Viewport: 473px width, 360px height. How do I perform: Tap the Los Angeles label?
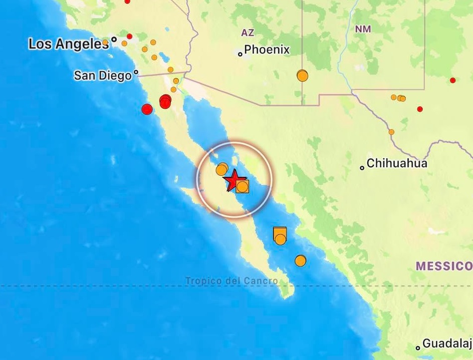pos(68,44)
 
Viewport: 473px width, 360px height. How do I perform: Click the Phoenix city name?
pos(267,50)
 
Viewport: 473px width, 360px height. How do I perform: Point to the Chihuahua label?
pos(397,163)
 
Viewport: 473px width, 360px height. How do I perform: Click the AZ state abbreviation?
pos(248,33)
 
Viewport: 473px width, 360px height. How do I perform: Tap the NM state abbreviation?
pos(363,29)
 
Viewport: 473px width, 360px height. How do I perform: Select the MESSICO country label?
pos(444,266)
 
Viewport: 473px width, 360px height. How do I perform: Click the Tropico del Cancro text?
pos(231,281)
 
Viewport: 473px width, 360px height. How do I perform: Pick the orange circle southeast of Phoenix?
pos(302,76)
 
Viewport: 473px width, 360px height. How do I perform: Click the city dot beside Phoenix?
pos(241,54)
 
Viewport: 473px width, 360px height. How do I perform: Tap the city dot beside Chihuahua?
pos(362,168)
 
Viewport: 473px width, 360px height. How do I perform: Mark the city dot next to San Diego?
pos(136,72)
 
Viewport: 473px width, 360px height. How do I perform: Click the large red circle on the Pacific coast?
pos(147,109)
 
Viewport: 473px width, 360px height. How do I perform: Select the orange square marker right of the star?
pos(242,187)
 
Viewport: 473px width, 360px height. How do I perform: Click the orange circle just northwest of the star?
pos(221,170)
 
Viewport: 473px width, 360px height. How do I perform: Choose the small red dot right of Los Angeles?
pos(129,36)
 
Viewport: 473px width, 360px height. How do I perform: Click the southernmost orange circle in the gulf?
pos(300,261)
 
